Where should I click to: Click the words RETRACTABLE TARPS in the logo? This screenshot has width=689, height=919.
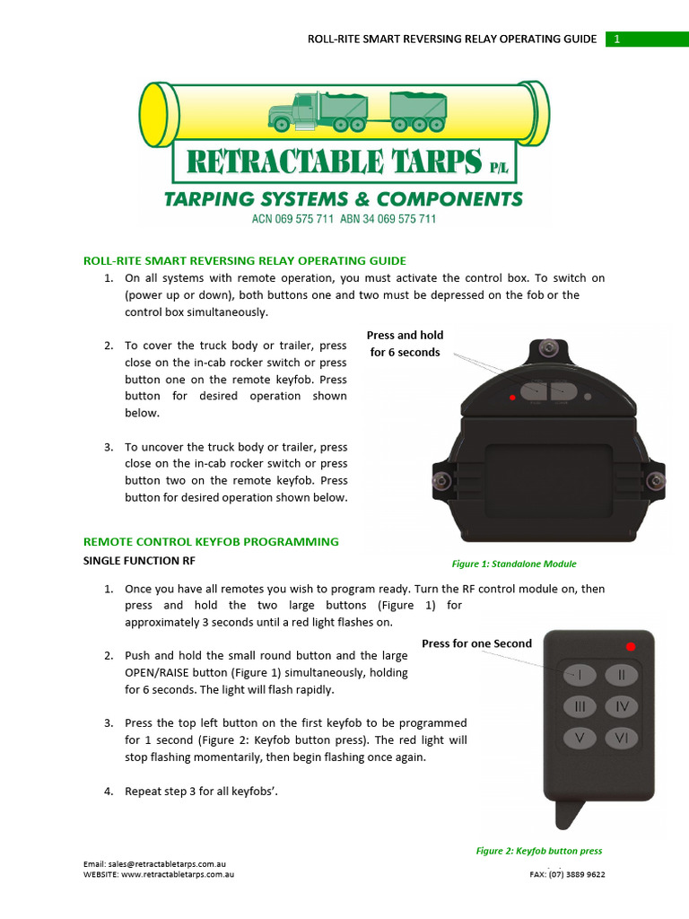(x=333, y=162)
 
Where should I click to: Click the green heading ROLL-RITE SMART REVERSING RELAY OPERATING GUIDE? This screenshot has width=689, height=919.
(x=244, y=261)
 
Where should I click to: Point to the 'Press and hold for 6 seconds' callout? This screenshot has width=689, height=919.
(x=405, y=344)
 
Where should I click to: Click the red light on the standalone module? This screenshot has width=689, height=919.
(x=512, y=396)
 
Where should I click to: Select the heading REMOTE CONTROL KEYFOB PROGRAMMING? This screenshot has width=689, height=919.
(x=211, y=542)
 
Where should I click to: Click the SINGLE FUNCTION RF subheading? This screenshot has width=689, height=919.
(x=139, y=561)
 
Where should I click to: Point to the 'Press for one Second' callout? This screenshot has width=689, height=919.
(x=476, y=643)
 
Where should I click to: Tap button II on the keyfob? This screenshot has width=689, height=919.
(x=621, y=674)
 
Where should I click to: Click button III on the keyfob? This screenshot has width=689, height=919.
(x=580, y=707)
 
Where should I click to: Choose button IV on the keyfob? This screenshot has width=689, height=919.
(x=621, y=707)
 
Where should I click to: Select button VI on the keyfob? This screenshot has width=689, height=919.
(x=621, y=739)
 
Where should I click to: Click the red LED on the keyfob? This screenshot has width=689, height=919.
(x=631, y=646)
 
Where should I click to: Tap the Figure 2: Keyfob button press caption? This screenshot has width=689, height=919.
(x=538, y=851)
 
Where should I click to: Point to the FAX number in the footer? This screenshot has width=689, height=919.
(x=567, y=874)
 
